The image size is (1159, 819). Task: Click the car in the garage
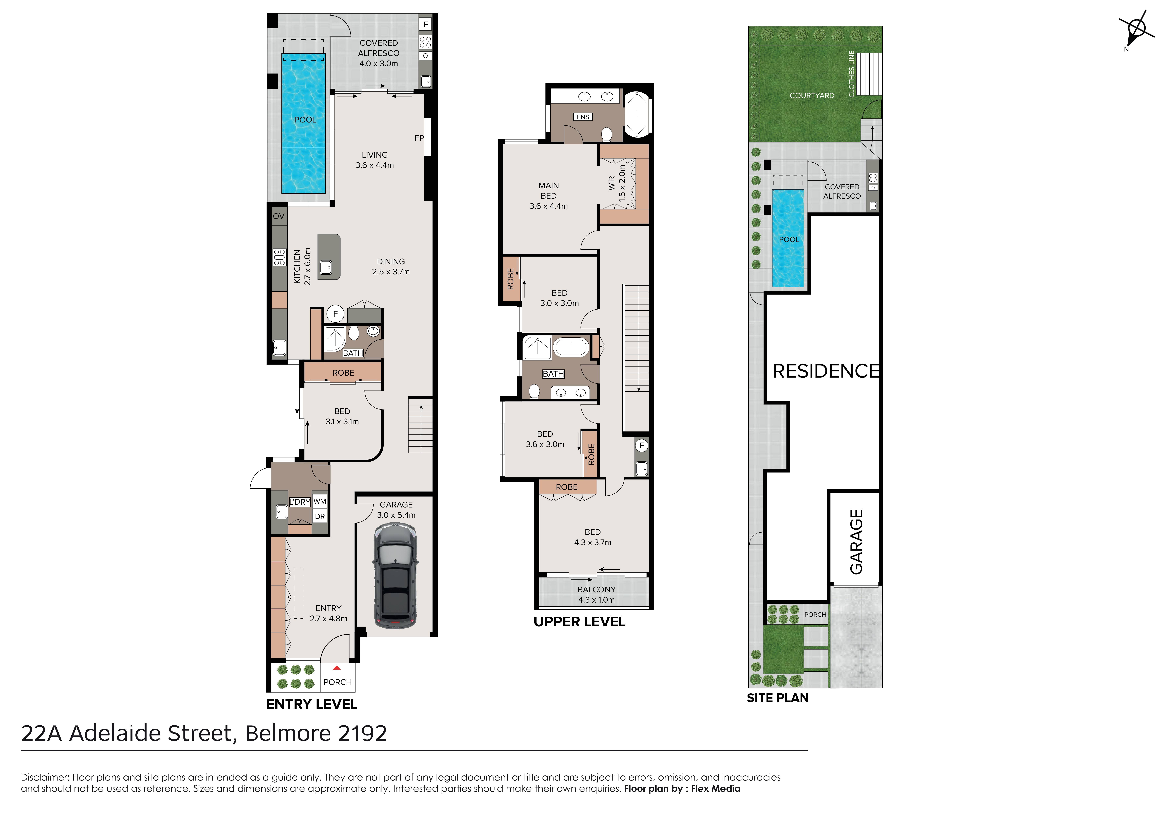point(395,575)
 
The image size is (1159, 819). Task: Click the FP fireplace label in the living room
point(419,138)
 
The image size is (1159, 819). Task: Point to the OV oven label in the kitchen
point(279,216)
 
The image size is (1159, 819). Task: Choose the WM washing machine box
point(319,501)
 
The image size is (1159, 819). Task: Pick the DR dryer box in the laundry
point(319,516)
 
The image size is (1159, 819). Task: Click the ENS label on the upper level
point(583,117)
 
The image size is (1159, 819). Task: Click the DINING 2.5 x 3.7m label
point(391,266)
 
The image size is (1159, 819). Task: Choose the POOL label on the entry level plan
point(305,120)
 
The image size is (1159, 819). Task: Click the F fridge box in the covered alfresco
point(426,24)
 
